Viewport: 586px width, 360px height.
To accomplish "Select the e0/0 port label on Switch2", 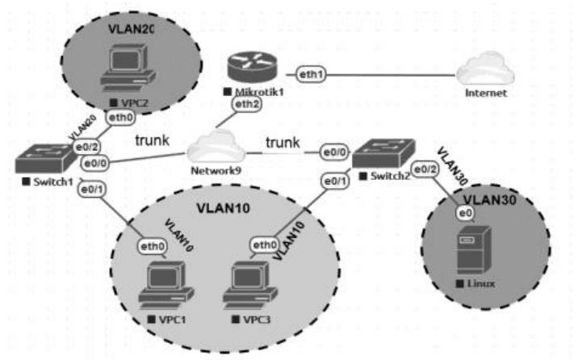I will coord(335,151).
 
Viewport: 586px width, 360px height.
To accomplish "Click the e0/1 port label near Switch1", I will coord(91,190).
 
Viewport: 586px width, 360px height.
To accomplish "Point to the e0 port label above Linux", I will coord(464,212).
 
